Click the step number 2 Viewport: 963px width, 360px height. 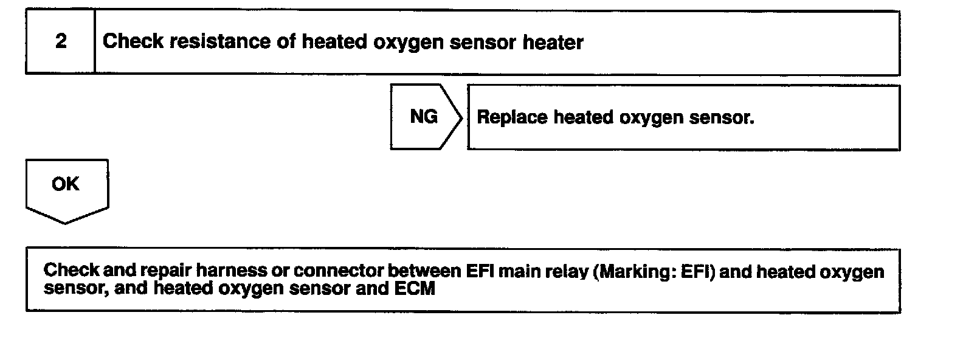[61, 41]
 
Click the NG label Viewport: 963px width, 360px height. [424, 117]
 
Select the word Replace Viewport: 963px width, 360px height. [512, 117]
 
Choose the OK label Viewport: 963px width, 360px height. [66, 184]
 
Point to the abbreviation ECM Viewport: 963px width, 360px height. [415, 288]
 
